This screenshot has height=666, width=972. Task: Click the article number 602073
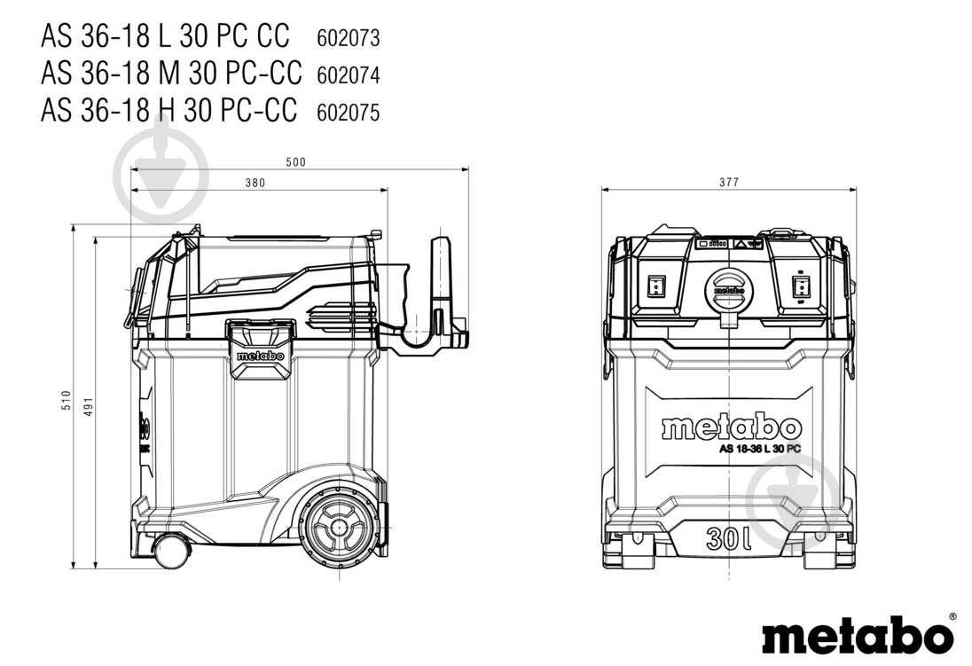coord(348,38)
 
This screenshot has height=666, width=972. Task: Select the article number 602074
coord(348,75)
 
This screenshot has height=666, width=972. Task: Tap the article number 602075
coord(348,113)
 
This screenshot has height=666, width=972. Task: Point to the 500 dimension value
coord(295,162)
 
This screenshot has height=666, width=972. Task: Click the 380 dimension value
coord(255,183)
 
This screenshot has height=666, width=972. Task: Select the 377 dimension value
coord(729,183)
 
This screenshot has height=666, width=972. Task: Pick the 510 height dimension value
coord(67,400)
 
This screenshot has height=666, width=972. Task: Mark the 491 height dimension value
coord(88,406)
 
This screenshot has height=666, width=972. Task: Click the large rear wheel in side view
coord(339,528)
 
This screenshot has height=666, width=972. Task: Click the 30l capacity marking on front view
coord(729,538)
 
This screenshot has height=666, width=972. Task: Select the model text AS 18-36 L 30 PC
coord(759,449)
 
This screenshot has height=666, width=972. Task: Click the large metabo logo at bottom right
coord(858,634)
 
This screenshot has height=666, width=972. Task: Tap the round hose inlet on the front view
coord(728,292)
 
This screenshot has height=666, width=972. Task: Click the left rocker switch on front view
coord(655,287)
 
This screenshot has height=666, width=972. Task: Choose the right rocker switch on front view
coord(801,287)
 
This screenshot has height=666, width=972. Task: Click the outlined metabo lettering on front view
coord(732,427)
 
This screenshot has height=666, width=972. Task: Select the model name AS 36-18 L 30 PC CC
coord(165,35)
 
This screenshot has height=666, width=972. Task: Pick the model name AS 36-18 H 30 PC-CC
coord(169,110)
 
